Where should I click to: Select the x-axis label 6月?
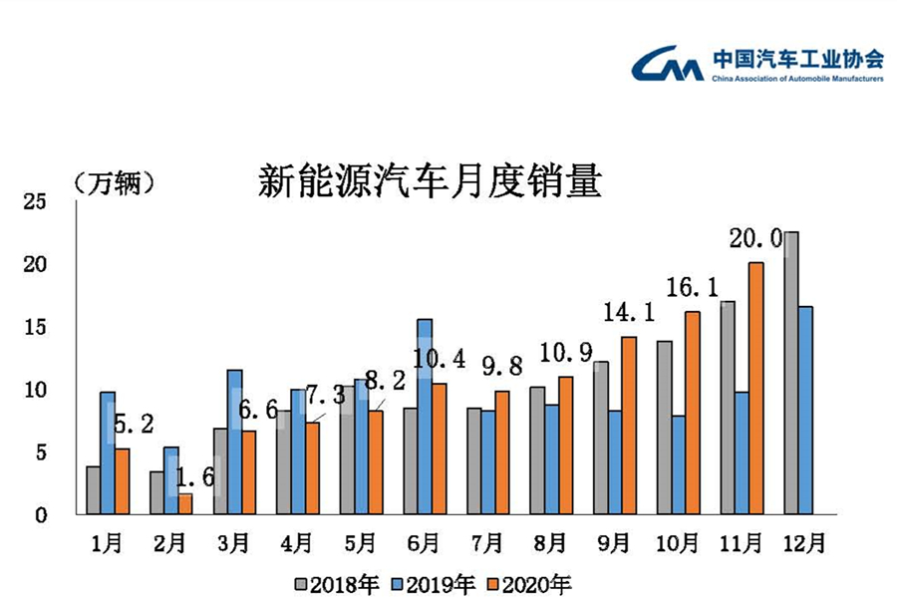425,543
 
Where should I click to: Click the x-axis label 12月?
803,543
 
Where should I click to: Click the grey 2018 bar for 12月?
791,373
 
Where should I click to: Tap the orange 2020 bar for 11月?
756,389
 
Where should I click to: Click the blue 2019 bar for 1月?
108,453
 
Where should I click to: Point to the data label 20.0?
755,238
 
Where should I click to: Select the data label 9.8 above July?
502,367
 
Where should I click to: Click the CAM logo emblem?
666,64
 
